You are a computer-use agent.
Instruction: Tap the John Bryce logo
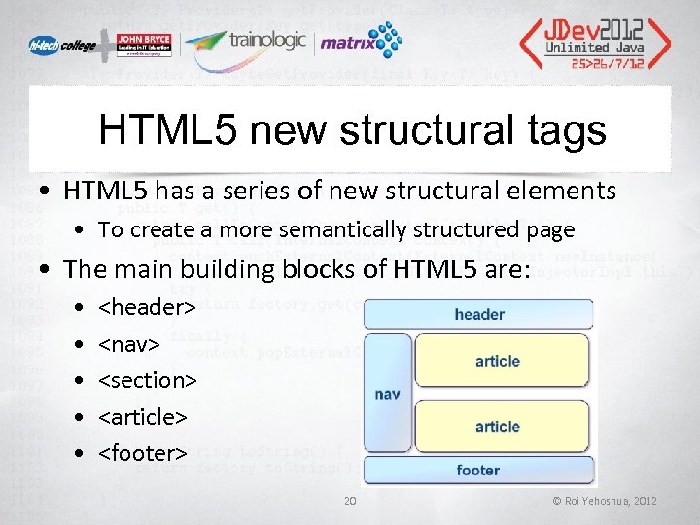(134, 44)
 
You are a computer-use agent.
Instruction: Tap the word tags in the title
(562, 130)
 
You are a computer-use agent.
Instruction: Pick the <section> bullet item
(148, 380)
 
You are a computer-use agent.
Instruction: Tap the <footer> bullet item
(143, 453)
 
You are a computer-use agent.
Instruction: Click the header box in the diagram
(478, 314)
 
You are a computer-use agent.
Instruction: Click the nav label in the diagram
(387, 394)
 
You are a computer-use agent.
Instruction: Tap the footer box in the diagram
(478, 471)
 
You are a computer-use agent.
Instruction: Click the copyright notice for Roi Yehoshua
(605, 501)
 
